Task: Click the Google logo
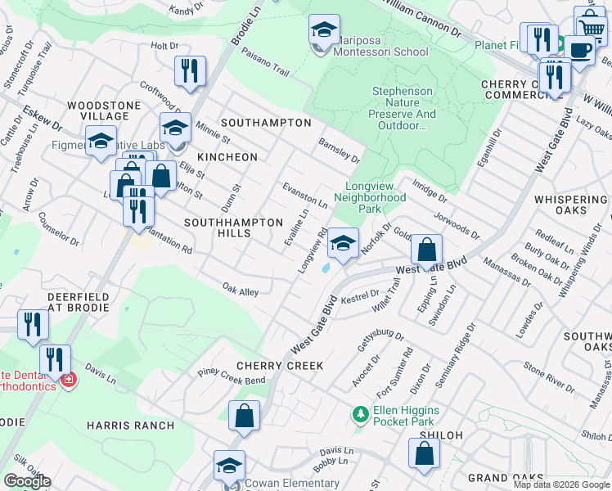27,481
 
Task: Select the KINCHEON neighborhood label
227,156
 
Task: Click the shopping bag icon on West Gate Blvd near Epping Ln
426,250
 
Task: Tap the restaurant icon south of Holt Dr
190,71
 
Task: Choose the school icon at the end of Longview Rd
343,243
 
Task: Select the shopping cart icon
589,26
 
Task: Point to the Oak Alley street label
241,288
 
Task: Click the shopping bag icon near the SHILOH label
424,453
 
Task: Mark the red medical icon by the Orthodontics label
69,380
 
